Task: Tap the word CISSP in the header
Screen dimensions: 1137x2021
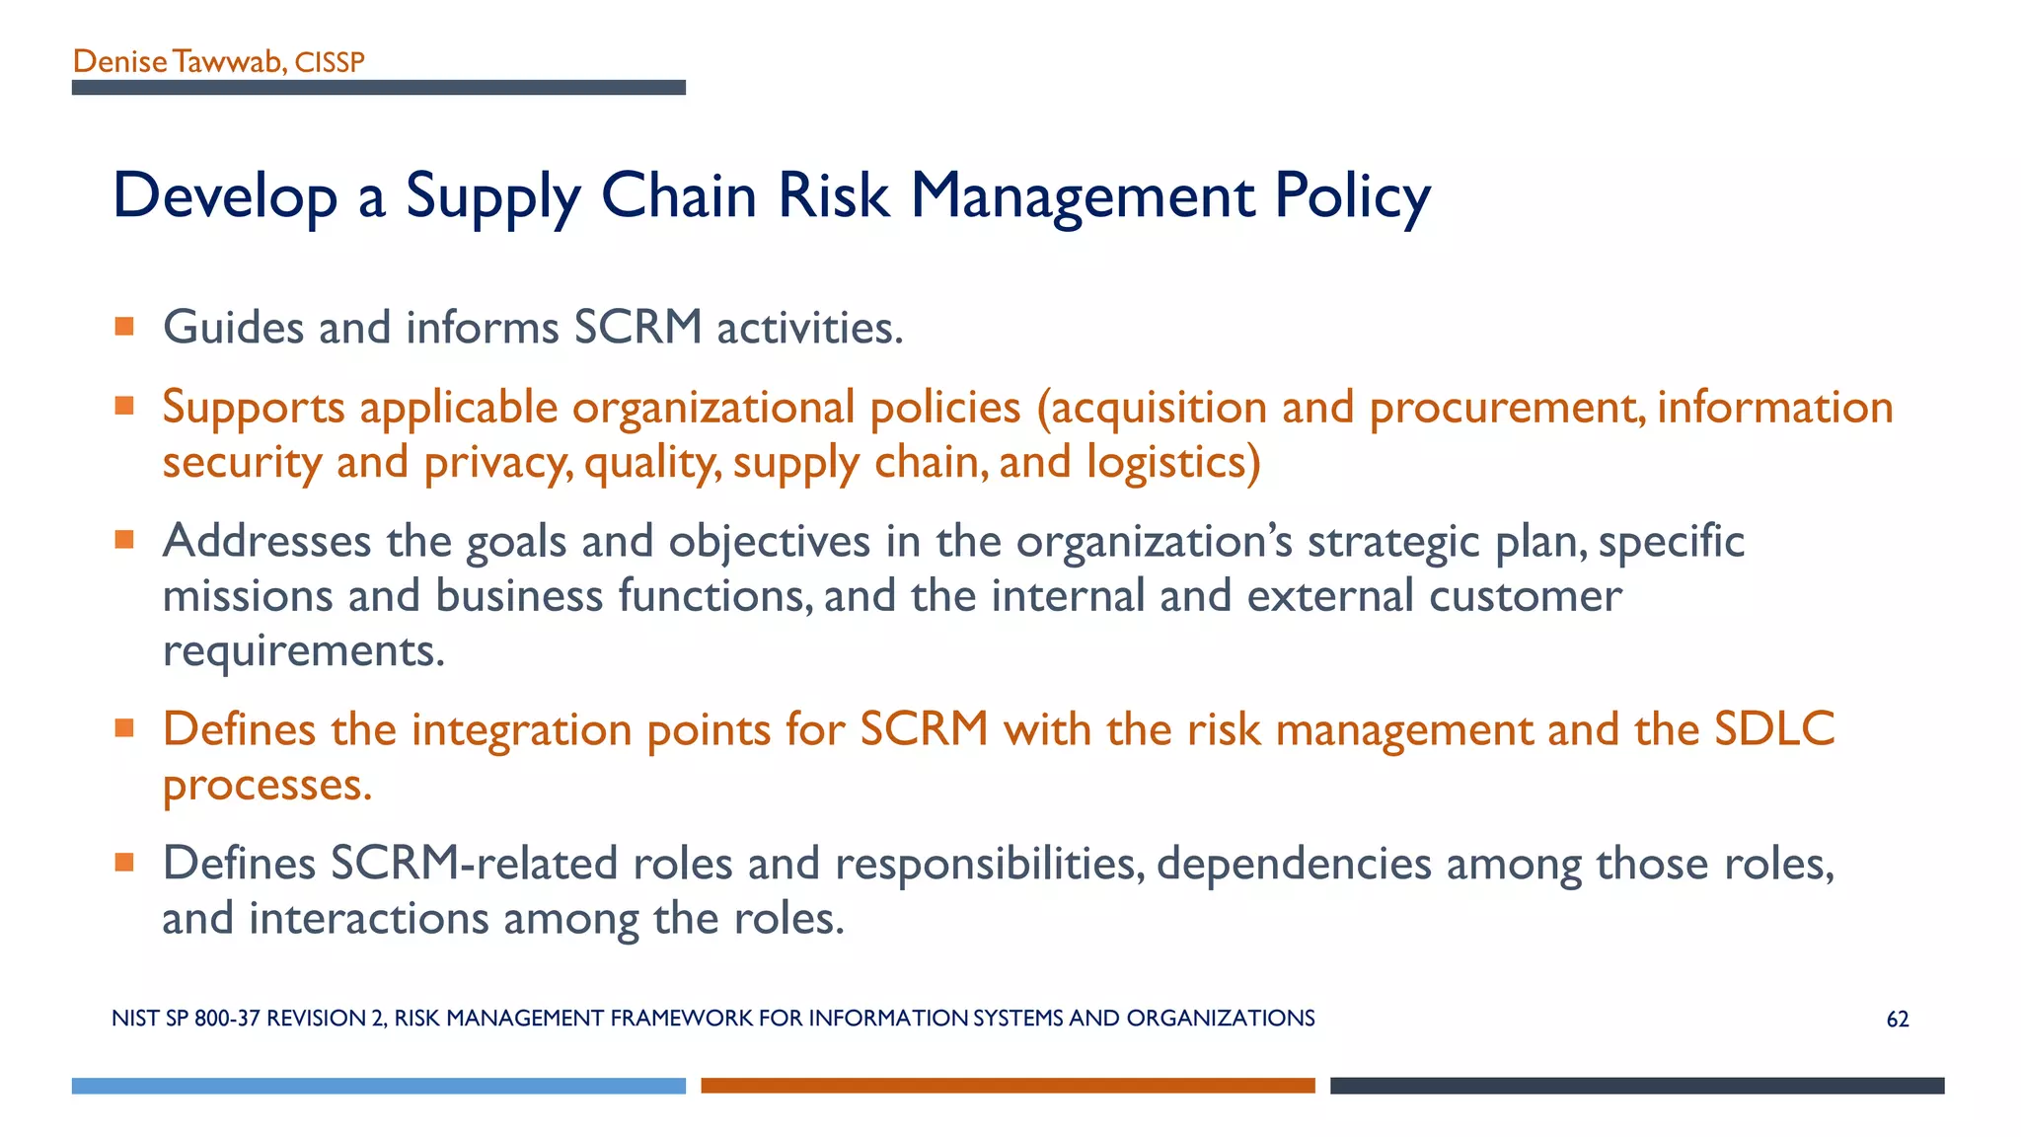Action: click(x=330, y=63)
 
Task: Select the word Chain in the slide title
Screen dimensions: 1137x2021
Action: click(x=678, y=194)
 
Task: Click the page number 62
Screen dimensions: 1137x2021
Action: click(x=1897, y=1020)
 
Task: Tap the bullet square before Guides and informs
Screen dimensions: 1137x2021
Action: click(x=124, y=327)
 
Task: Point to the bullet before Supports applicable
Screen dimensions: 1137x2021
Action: click(x=124, y=407)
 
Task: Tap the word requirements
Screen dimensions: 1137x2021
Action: click(x=303, y=651)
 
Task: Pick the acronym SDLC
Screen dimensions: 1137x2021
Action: click(x=1773, y=729)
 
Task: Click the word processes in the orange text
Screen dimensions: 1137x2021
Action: click(x=266, y=786)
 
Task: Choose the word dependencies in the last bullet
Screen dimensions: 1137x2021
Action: click(x=1293, y=864)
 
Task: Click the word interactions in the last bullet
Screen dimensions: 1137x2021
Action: click(x=368, y=919)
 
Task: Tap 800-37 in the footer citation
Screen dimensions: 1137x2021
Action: click(x=227, y=1019)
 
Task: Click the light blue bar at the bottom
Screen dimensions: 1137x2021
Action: click(x=378, y=1086)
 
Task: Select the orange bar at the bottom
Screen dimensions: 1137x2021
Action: click(x=1008, y=1086)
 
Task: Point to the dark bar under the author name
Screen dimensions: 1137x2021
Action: click(x=378, y=88)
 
